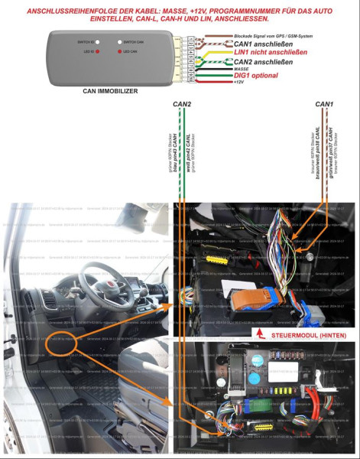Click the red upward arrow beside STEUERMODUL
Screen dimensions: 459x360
coord(259,334)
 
